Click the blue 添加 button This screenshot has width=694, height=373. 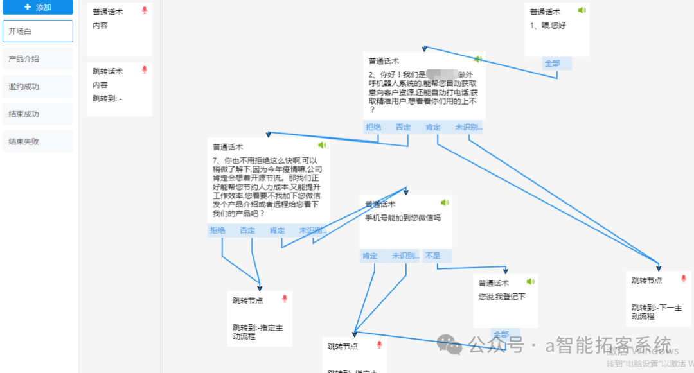(x=38, y=7)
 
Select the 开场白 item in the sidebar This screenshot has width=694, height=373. (x=38, y=31)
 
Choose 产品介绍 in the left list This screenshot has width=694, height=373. (x=38, y=59)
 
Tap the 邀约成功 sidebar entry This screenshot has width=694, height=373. (x=38, y=87)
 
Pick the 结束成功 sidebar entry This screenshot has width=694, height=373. (x=38, y=114)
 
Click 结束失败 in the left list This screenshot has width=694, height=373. (x=38, y=142)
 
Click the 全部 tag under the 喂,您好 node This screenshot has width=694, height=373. (x=553, y=64)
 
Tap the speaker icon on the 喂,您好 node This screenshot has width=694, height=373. (x=582, y=10)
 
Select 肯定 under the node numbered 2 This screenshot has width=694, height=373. (x=433, y=127)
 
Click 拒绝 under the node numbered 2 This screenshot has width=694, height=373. (x=373, y=127)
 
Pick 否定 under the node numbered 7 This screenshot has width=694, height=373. (x=247, y=230)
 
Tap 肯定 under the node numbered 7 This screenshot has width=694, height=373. (x=277, y=230)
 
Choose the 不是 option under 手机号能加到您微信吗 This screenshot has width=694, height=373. (x=432, y=256)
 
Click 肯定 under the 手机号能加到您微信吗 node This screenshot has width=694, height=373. (x=370, y=256)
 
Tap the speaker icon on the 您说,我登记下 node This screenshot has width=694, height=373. (x=530, y=282)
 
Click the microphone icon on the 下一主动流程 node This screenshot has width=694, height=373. (x=684, y=279)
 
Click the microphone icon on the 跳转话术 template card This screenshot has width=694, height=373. (x=145, y=70)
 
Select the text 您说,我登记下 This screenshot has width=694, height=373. (x=502, y=297)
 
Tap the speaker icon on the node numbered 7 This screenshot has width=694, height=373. (x=322, y=145)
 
